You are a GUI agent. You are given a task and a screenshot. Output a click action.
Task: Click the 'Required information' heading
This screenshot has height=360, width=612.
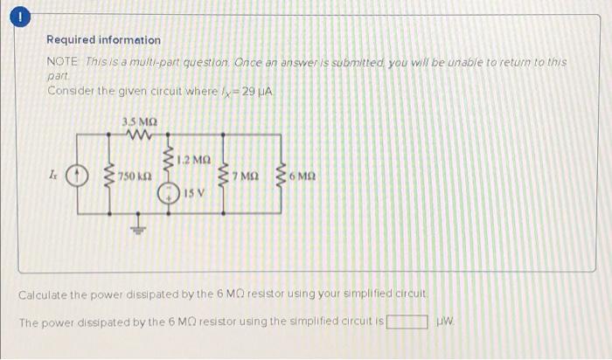(103, 40)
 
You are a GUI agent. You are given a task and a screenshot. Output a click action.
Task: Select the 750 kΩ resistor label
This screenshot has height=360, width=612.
(136, 177)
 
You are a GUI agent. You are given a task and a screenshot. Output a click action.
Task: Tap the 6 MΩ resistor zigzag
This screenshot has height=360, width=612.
(282, 177)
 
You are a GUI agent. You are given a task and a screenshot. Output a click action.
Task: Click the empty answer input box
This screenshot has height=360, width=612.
(407, 322)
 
